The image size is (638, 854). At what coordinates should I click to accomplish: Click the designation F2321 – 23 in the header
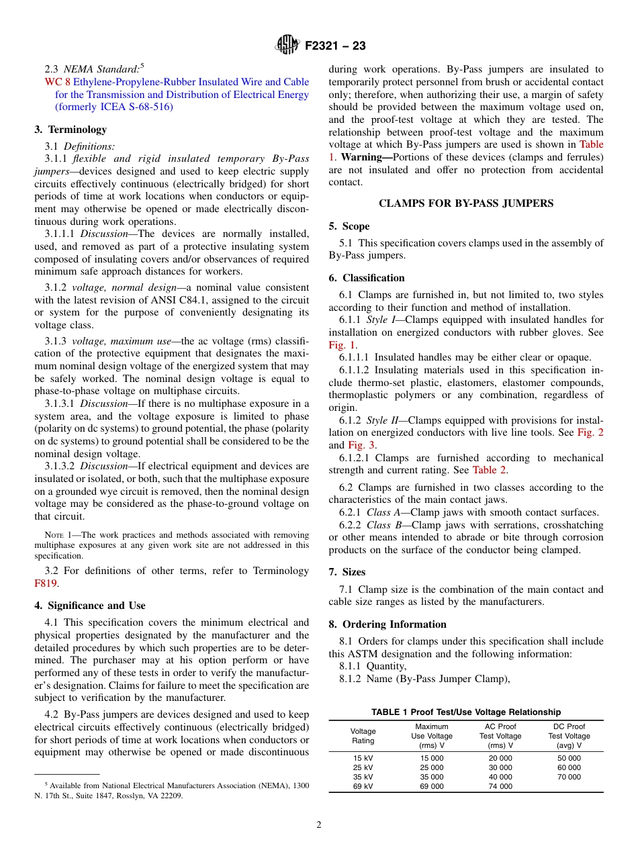pos(335,46)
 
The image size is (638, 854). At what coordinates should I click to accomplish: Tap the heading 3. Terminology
pos(71,130)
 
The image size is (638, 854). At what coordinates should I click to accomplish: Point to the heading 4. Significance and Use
pos(90,606)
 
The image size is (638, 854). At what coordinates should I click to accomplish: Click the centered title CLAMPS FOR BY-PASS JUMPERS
pos(466,203)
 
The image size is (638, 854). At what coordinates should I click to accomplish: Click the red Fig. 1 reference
pos(342,345)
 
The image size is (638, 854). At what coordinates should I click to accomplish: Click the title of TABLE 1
pos(466,712)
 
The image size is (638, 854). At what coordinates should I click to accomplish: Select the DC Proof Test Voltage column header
pos(568,736)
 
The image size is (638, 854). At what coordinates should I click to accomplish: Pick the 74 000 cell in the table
pos(500,786)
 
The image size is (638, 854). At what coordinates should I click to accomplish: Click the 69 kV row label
pos(363,786)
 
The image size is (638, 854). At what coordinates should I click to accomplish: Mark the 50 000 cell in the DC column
pos(569,758)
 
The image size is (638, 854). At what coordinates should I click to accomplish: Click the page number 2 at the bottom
pos(319,825)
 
